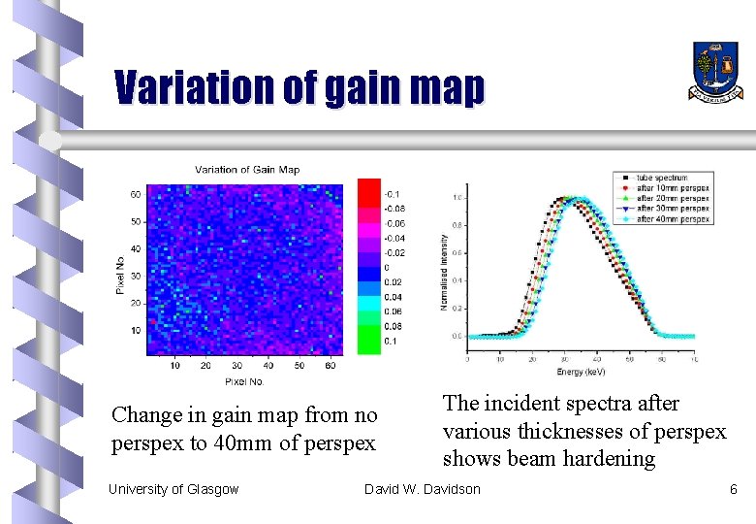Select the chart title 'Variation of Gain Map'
[x=247, y=170]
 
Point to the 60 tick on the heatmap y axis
[x=135, y=194]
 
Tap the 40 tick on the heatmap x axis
[x=268, y=366]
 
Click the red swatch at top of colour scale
[x=369, y=191]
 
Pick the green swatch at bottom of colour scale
[x=369, y=341]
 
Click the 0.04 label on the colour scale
[x=394, y=297]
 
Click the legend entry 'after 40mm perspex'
[x=673, y=218]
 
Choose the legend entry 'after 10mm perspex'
[x=673, y=187]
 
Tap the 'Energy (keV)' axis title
[x=583, y=372]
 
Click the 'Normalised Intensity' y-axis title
[x=445, y=272]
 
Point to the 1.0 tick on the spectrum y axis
[x=457, y=198]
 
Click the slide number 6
[x=733, y=489]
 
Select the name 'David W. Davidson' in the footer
[x=422, y=489]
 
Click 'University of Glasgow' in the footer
[x=173, y=489]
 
